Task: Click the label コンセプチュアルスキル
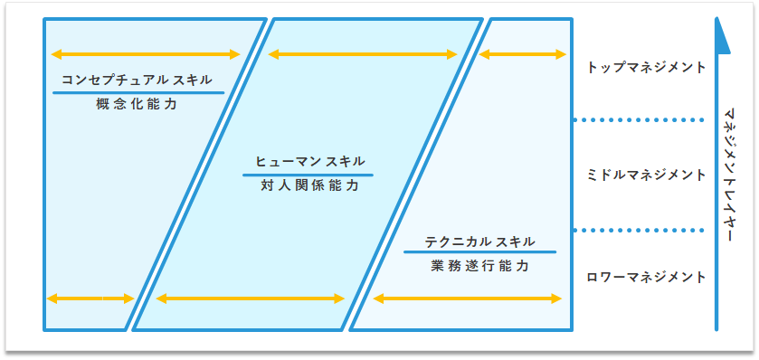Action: (137, 80)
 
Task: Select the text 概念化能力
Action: (137, 105)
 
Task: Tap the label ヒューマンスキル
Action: (308, 162)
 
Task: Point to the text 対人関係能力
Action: (308, 186)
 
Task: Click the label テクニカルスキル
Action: (479, 242)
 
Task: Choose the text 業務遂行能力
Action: (479, 267)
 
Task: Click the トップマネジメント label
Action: (646, 67)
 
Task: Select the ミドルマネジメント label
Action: (646, 175)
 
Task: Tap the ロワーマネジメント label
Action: (646, 277)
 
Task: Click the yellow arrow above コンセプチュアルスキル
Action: (146, 54)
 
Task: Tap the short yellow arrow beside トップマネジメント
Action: (522, 54)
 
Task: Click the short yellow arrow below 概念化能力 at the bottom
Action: (90, 298)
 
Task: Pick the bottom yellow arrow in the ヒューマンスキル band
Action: (251, 298)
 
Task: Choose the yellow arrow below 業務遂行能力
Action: (466, 298)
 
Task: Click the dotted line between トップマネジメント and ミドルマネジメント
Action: (639, 119)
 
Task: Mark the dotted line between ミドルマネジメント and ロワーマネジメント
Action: (639, 230)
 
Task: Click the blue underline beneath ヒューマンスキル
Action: (308, 175)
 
